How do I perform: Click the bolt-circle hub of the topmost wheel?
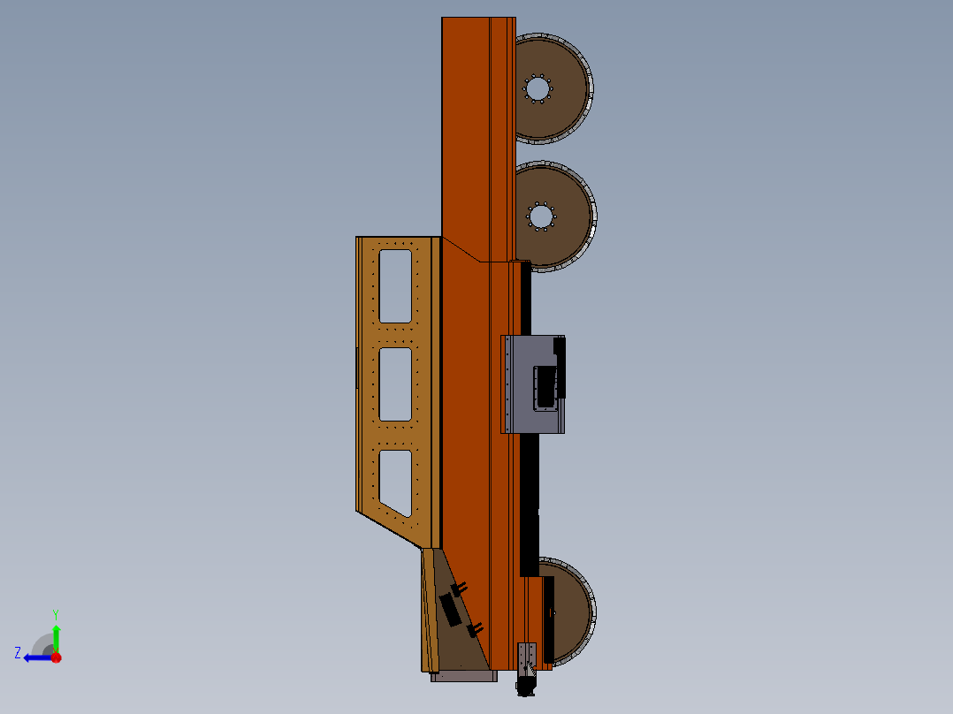coord(537,89)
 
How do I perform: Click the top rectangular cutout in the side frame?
coord(395,285)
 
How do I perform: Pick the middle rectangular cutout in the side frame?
coord(395,384)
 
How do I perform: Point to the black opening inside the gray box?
coord(545,386)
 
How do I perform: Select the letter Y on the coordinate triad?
coord(56,613)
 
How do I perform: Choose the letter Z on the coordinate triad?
coord(18,653)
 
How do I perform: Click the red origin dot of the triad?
coord(56,657)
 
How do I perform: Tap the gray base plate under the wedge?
coord(463,676)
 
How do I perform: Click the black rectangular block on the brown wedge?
coord(450,611)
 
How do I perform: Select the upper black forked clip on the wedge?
coord(459,589)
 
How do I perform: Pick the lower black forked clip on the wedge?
coord(475,629)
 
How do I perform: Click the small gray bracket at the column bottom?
coord(527,655)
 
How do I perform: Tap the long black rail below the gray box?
coord(529,504)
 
